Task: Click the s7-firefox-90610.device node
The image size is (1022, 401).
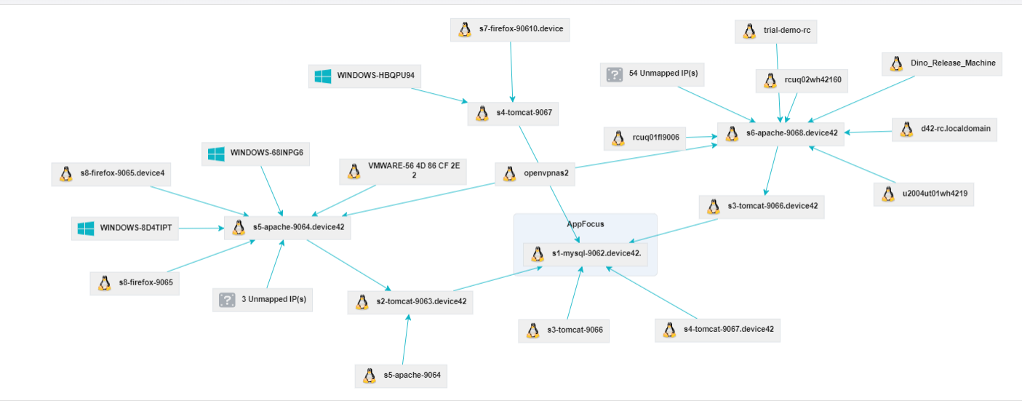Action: tap(510, 30)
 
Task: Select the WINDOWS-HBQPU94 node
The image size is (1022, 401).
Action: tap(364, 76)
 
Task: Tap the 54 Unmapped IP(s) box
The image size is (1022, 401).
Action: tap(652, 74)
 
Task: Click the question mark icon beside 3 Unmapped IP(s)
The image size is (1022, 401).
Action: tap(227, 300)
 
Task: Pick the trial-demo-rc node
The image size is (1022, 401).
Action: tap(775, 31)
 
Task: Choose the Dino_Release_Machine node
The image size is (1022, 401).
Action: tap(942, 64)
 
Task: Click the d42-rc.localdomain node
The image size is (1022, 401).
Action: tap(944, 130)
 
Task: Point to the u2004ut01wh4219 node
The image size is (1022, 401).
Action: tap(924, 194)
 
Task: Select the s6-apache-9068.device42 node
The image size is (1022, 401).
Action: tap(781, 135)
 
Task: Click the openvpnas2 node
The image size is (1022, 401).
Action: tap(535, 174)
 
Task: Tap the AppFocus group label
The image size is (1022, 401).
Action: tap(586, 224)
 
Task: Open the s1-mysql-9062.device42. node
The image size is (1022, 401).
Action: tap(586, 255)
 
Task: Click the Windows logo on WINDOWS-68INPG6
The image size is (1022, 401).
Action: tap(216, 154)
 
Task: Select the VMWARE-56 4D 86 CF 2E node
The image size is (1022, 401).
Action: tap(403, 172)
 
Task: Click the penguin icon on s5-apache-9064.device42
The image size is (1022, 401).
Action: tap(239, 228)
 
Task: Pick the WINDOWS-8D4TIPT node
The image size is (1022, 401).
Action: tap(125, 229)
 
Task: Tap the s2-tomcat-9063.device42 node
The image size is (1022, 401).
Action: tap(410, 302)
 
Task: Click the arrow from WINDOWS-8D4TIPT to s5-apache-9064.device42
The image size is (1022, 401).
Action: tap(201, 228)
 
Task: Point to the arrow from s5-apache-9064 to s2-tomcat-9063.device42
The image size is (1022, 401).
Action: tap(406, 339)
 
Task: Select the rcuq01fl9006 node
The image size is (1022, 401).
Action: tap(644, 138)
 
